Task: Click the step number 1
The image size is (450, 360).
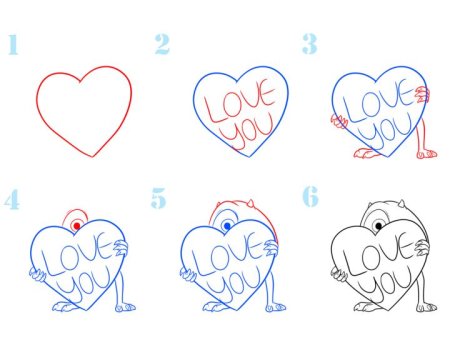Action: [x=13, y=44]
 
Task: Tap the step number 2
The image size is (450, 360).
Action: [x=162, y=44]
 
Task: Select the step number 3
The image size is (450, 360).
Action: [x=309, y=44]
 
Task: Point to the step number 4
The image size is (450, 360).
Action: [x=12, y=199]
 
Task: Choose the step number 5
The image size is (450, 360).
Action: [x=158, y=198]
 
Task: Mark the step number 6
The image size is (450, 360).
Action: [x=310, y=197]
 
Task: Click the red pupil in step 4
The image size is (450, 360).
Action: [x=77, y=226]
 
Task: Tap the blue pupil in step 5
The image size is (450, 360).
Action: [x=228, y=226]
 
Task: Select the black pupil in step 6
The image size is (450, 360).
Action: [x=378, y=226]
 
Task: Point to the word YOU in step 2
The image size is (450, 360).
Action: [x=251, y=133]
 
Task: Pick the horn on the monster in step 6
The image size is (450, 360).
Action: [x=402, y=203]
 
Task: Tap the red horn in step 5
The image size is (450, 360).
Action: [x=250, y=203]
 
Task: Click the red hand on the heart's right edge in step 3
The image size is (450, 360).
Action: [x=422, y=94]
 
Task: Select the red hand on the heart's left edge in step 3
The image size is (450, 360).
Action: [x=339, y=121]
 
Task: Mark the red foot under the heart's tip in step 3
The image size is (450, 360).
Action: [x=367, y=153]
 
